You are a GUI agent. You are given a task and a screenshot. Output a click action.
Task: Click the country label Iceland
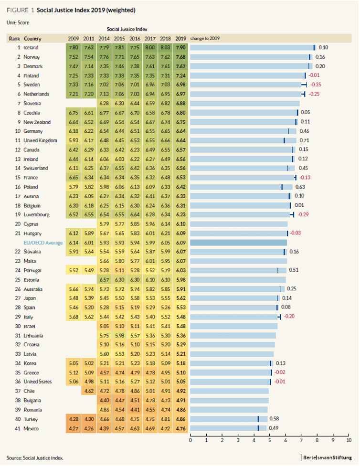pyautogui.click(x=31, y=48)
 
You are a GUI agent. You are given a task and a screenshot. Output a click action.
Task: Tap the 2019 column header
pyautogui.click(x=180, y=39)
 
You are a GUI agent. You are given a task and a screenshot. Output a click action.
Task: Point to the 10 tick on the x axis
pyautogui.click(x=349, y=440)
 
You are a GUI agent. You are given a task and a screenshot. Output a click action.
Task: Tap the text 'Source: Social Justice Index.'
pyautogui.click(x=35, y=457)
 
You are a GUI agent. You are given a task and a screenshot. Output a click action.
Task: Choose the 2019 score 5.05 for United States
pyautogui.click(x=180, y=382)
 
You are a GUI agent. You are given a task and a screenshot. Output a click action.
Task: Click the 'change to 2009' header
pyautogui.click(x=205, y=39)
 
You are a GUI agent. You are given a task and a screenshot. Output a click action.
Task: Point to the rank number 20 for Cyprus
pyautogui.click(x=18, y=224)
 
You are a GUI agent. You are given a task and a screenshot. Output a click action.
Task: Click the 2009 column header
pyautogui.click(x=74, y=39)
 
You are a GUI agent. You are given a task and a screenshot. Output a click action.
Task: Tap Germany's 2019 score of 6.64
pyautogui.click(x=180, y=131)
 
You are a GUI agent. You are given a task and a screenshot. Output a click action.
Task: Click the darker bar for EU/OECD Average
pyautogui.click(x=238, y=243)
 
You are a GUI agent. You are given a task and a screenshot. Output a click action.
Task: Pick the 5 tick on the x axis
pyautogui.click(x=269, y=440)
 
